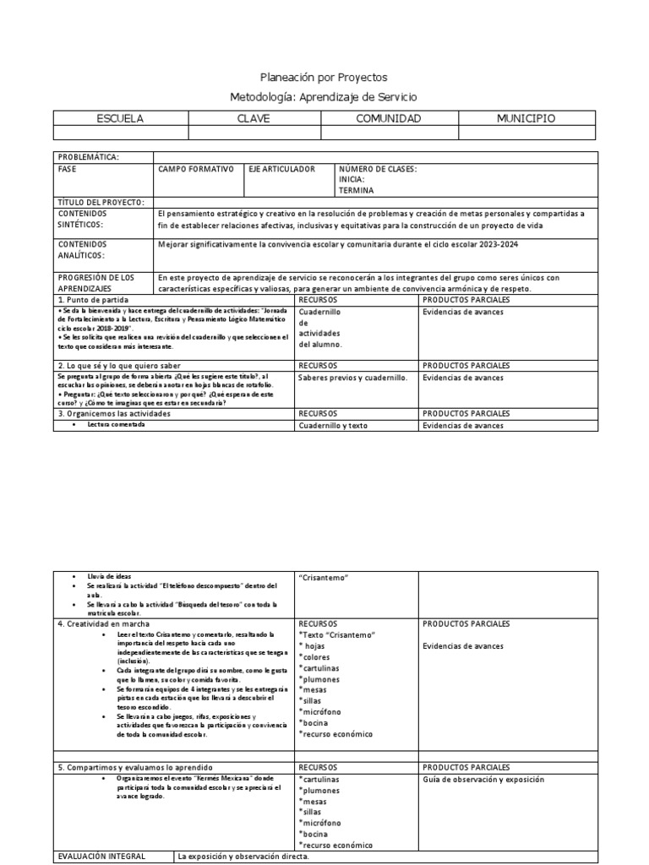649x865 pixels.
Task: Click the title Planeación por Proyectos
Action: point(324,78)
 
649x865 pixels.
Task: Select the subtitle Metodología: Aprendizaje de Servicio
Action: point(324,98)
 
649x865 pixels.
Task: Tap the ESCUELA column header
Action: point(121,119)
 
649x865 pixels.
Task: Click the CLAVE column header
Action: point(254,119)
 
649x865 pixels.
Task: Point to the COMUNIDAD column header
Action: point(388,119)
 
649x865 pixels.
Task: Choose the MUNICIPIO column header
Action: point(526,119)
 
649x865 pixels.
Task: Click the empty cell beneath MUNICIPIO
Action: point(526,133)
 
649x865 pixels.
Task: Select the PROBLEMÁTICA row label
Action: point(88,157)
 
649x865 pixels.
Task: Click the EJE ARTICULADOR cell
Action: point(281,169)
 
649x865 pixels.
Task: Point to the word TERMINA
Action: point(356,191)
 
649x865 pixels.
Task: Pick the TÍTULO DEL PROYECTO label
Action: point(101,202)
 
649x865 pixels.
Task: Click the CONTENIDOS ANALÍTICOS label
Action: point(81,249)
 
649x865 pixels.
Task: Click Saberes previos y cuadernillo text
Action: point(352,378)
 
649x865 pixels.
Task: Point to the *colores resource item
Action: point(316,657)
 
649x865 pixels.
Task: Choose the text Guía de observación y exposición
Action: point(483,780)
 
